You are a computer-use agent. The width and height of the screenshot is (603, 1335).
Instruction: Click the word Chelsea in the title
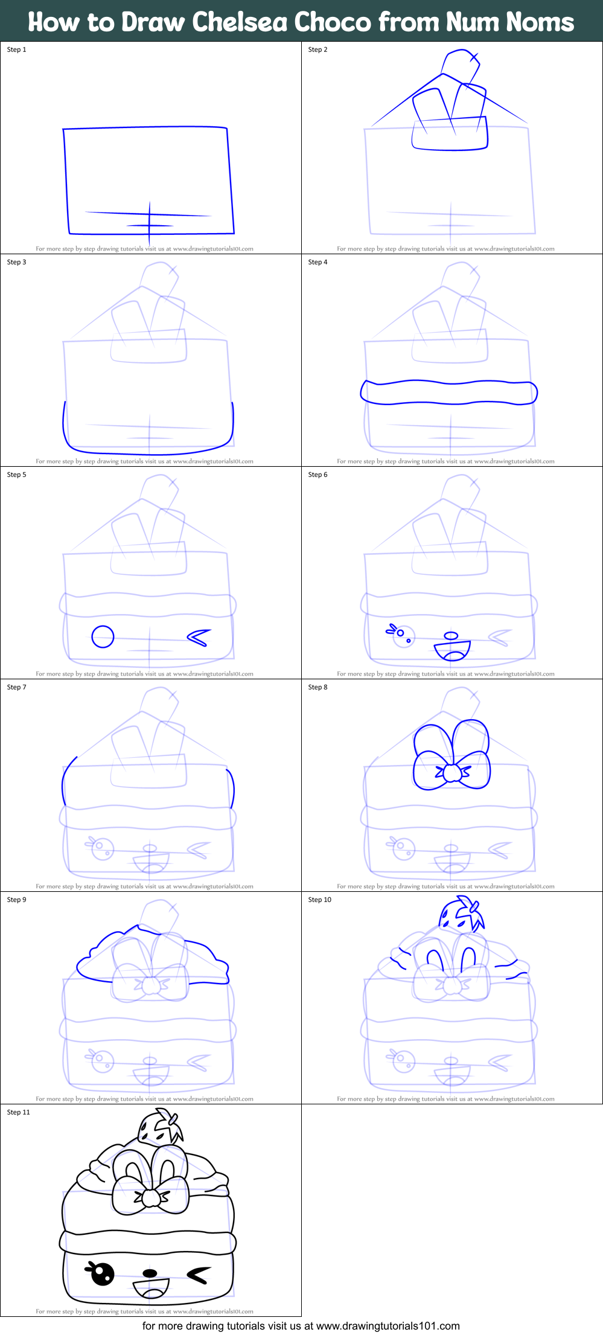tap(239, 22)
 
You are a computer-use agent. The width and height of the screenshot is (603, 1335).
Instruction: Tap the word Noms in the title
tap(540, 22)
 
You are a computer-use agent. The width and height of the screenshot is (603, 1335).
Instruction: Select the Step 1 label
tap(17, 50)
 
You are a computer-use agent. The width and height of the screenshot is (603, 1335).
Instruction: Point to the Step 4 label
tap(318, 262)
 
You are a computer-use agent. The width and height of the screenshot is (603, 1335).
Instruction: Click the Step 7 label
tap(17, 687)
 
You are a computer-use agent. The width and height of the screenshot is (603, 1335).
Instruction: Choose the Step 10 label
tap(320, 900)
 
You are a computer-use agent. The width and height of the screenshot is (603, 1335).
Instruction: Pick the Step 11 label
tap(19, 1112)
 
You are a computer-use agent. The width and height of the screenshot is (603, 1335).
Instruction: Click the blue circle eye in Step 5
tap(103, 636)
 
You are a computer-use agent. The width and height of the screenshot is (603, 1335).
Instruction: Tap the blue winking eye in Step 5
tap(199, 637)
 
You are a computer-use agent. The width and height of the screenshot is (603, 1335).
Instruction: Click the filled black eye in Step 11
tap(102, 1273)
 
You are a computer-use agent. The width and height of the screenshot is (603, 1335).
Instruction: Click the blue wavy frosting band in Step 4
tap(448, 392)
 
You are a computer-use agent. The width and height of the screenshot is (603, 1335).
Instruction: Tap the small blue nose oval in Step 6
tap(451, 635)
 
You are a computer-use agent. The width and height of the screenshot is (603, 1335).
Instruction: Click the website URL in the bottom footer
tap(388, 1327)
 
